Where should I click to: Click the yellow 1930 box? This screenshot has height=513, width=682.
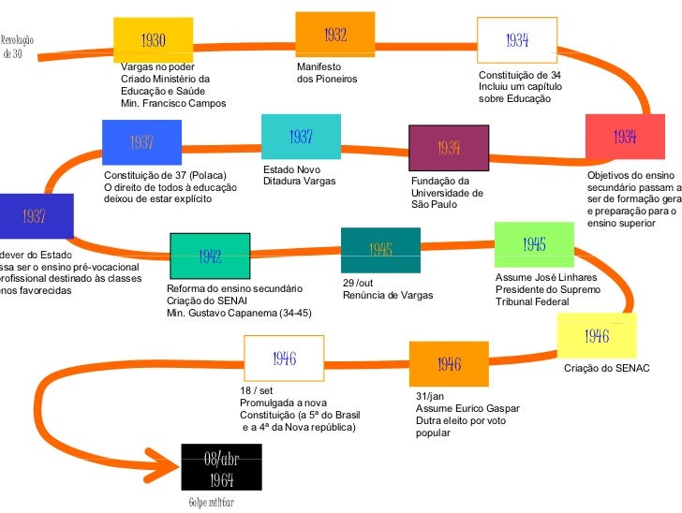153,39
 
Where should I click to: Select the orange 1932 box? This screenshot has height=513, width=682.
334,36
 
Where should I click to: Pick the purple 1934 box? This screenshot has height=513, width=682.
449,148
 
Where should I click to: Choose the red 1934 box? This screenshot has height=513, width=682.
625,138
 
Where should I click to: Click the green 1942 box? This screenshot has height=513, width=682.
209,255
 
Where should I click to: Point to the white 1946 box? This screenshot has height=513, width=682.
284,358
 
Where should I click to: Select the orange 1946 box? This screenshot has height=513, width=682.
449,363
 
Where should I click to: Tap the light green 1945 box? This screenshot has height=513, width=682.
534,245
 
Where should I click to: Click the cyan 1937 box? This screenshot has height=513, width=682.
300,137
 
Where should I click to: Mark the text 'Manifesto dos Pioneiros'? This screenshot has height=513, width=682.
326,73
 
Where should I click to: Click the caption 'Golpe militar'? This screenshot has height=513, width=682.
211,502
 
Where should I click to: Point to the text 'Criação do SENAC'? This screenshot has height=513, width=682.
606,369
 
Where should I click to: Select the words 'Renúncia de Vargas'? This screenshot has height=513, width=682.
388,296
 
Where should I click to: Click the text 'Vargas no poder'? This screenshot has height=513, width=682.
157,66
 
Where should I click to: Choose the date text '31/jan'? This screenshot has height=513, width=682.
429,396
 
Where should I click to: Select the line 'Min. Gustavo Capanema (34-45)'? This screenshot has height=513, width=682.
238,313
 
